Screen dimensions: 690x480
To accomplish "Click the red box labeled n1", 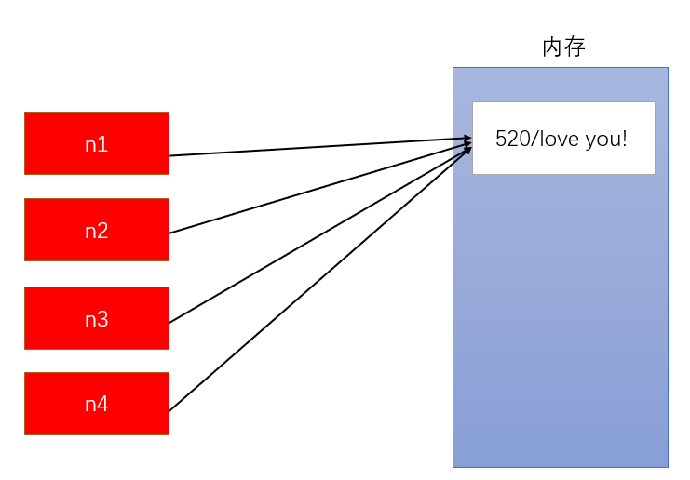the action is [x=96, y=143].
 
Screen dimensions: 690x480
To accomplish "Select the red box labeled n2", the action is [x=96, y=230].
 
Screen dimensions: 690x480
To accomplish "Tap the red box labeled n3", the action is [x=96, y=318].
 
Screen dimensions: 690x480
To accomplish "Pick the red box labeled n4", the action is [x=96, y=404].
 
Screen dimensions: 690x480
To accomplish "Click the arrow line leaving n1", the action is [x=317, y=148].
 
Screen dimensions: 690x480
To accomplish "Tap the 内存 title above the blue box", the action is [x=563, y=47].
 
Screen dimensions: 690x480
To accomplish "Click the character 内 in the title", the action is [x=553, y=47].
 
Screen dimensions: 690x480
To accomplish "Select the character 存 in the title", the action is [x=575, y=47].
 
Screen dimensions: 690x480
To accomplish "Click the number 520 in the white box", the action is [x=510, y=140].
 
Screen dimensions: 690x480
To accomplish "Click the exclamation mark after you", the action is [x=625, y=140].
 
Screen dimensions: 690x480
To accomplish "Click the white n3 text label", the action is [x=96, y=319].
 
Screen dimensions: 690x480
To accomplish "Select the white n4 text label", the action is [x=96, y=404].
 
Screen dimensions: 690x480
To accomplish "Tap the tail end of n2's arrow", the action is [x=172, y=232].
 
